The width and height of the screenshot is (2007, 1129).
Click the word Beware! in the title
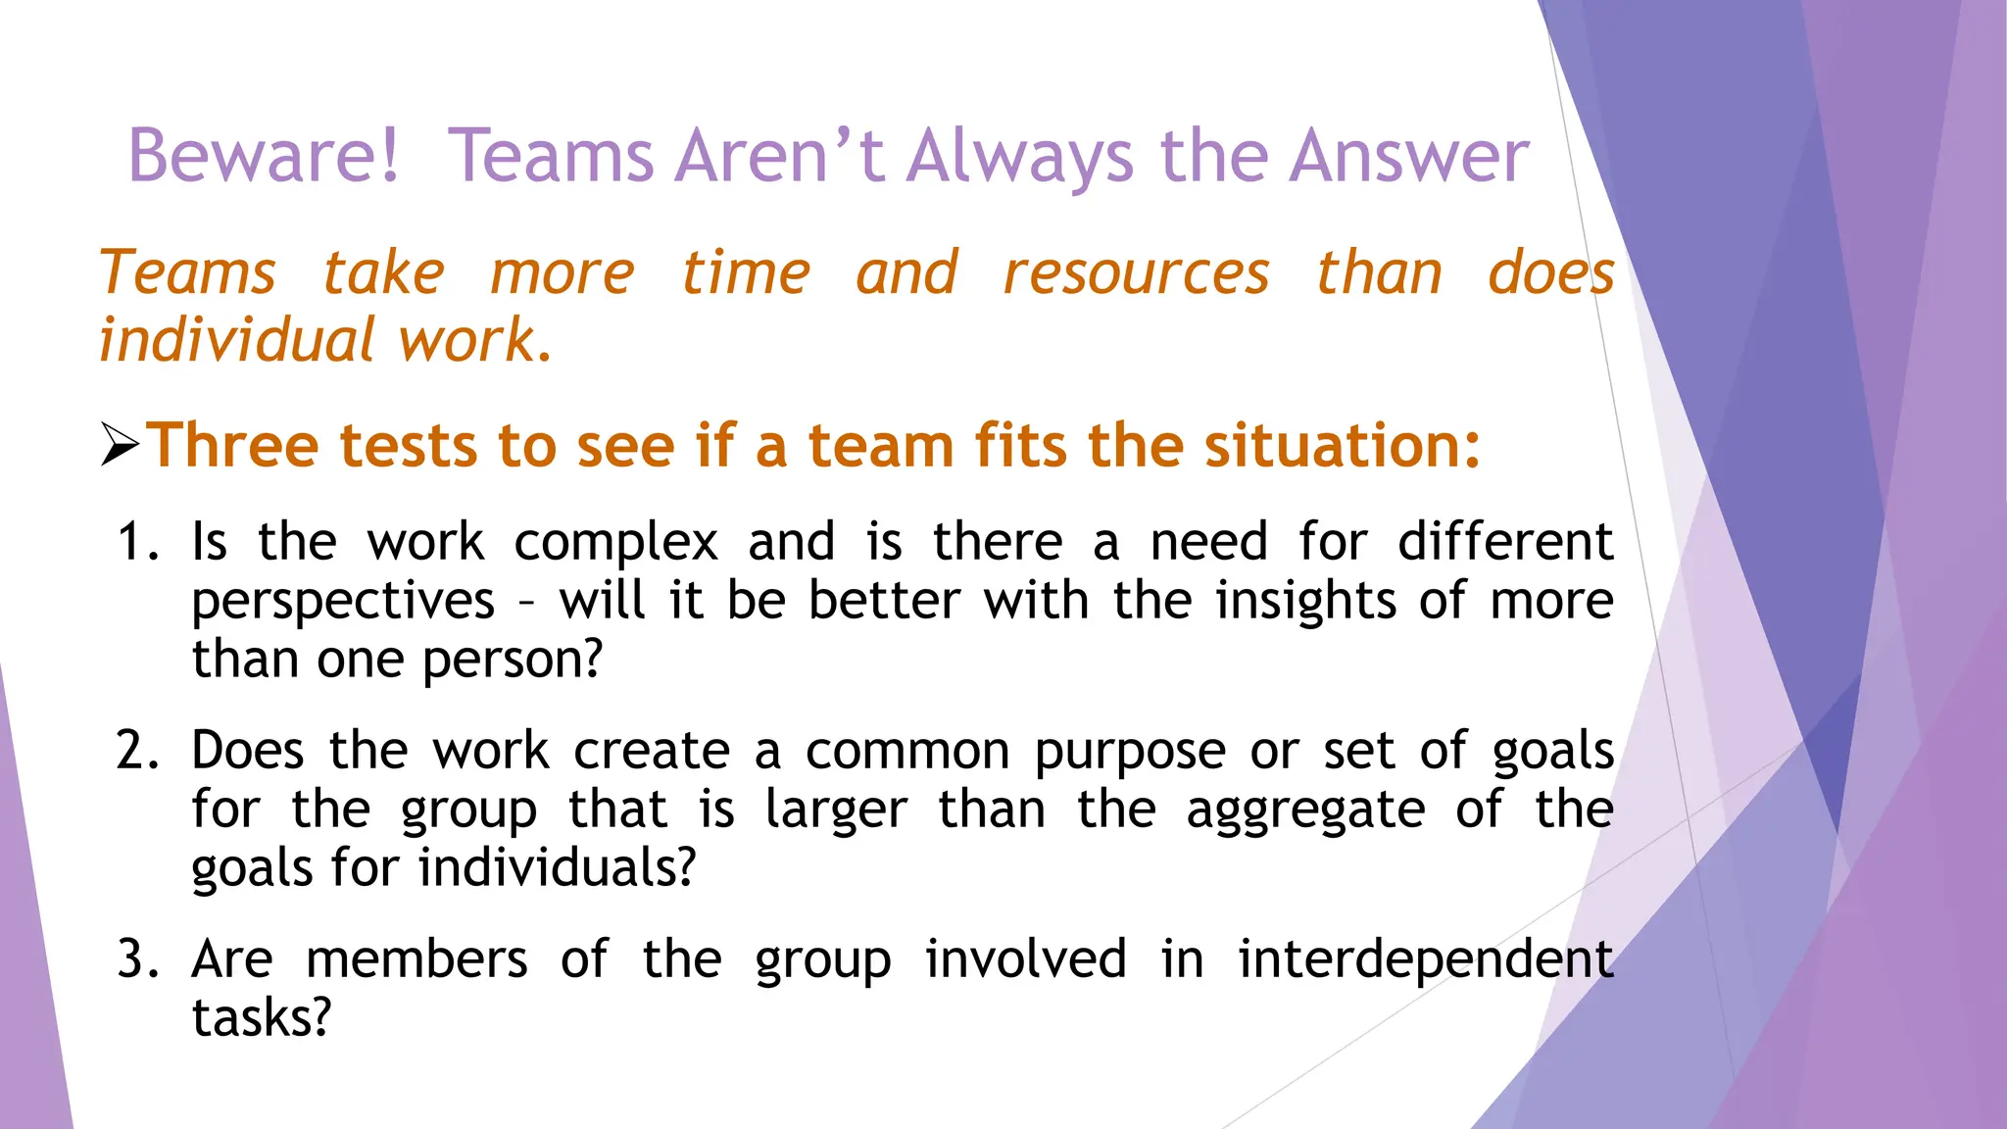[x=264, y=156]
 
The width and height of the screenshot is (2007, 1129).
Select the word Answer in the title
[x=1408, y=156]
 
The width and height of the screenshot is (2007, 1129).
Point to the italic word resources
[x=1136, y=272]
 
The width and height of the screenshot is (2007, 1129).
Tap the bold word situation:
[x=1342, y=446]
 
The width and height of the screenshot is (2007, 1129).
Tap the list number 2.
[x=136, y=751]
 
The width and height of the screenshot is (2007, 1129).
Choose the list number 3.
[x=136, y=959]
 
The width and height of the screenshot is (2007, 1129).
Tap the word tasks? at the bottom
[x=262, y=1018]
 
